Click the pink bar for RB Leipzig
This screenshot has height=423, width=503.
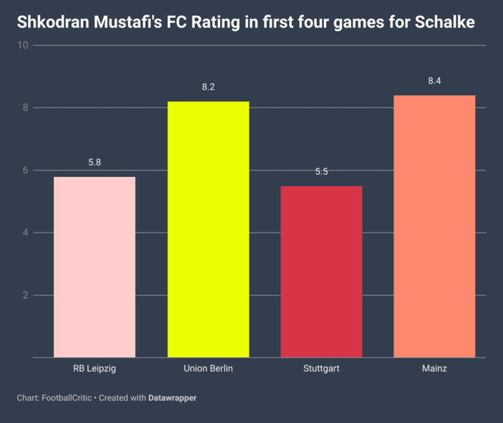[x=95, y=267]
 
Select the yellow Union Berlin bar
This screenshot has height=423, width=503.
[x=208, y=229]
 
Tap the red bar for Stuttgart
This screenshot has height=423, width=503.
[x=321, y=271]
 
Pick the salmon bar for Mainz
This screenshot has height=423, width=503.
[x=435, y=226]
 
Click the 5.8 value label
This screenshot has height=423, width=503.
[x=95, y=163]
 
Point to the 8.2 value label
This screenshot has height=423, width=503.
[x=208, y=87]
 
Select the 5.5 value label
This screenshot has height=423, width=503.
[x=321, y=172]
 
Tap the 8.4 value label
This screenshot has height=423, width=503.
[x=435, y=81]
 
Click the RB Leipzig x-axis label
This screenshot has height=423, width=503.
[x=95, y=369]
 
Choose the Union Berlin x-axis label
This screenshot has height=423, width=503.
[x=208, y=369]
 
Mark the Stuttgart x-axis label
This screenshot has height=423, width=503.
[x=321, y=369]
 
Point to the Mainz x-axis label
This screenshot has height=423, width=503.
[x=435, y=369]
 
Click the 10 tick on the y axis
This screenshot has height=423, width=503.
[x=23, y=46]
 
